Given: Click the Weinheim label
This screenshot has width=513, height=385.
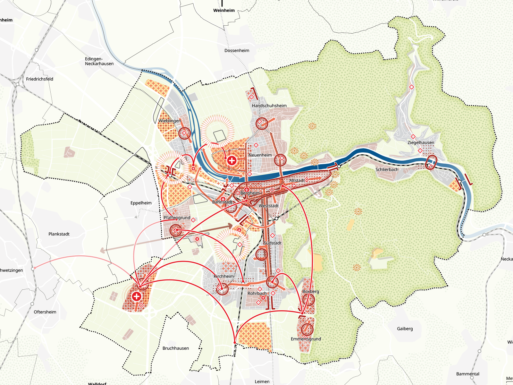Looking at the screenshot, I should click(x=224, y=10).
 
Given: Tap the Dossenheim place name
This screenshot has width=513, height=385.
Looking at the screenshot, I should click(x=237, y=50).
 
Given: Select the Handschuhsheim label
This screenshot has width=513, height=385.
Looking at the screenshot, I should click(x=269, y=106).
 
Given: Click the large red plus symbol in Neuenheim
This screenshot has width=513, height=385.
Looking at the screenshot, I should click(x=232, y=160).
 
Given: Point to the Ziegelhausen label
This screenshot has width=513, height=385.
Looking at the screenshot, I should click(x=421, y=142).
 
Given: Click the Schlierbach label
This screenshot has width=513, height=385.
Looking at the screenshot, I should click(x=387, y=169).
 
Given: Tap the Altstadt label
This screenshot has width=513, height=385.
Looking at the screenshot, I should click(x=297, y=180).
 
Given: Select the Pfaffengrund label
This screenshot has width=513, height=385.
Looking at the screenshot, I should click(x=177, y=218).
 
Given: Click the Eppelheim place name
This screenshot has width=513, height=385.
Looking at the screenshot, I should click(x=141, y=203).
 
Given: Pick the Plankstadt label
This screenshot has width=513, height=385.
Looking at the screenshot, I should click(x=59, y=234).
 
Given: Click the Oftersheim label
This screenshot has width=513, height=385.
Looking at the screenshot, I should click(x=45, y=312).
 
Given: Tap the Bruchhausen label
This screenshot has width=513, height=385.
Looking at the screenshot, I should click(x=175, y=348).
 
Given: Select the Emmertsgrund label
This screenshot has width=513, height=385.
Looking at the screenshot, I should click(x=306, y=339).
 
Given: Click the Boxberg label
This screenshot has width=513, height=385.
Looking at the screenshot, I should click(x=311, y=291).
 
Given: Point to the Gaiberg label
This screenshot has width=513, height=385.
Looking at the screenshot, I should click(x=405, y=329).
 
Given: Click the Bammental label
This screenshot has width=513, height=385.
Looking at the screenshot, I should click(x=467, y=374).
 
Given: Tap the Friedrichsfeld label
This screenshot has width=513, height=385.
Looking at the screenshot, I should click(x=39, y=79).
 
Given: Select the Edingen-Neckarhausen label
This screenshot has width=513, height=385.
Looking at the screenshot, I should click(x=99, y=61).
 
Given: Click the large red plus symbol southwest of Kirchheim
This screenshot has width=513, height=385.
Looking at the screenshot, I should click(x=137, y=296).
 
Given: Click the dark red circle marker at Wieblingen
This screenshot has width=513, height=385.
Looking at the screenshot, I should click(x=184, y=133).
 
